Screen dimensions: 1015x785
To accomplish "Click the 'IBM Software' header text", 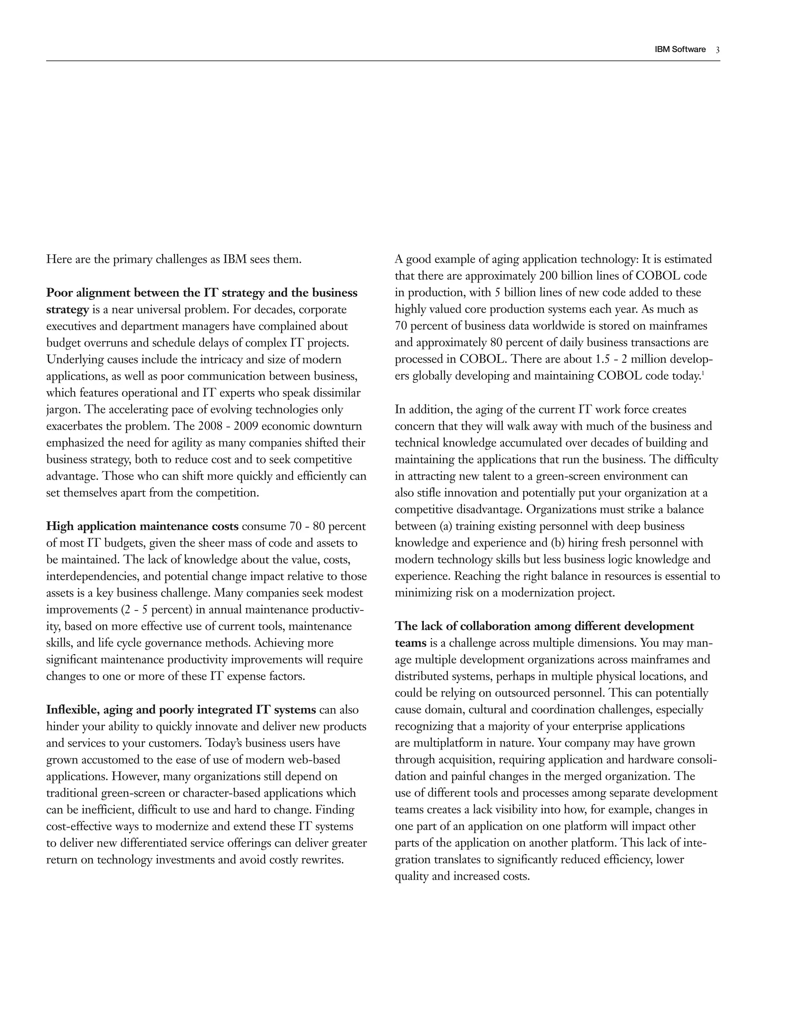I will (x=680, y=49).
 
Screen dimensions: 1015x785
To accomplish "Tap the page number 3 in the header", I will (x=718, y=50).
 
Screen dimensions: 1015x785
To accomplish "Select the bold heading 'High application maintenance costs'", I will (x=142, y=526).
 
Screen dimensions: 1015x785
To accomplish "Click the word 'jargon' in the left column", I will (x=63, y=409).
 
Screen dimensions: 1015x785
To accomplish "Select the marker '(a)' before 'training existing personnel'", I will (x=447, y=526).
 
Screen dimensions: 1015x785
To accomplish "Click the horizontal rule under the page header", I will (x=383, y=61).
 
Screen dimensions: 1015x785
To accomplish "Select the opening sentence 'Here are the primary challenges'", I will (x=174, y=259).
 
